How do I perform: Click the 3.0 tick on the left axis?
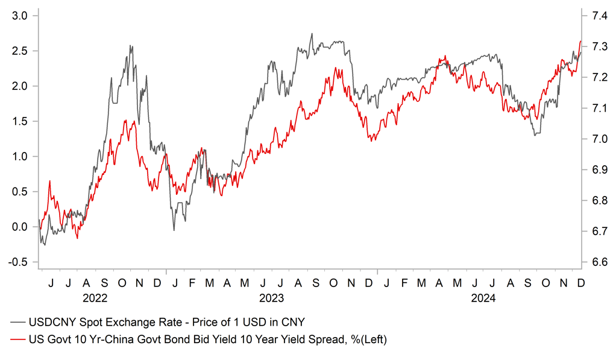20,16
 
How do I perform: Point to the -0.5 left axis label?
19,262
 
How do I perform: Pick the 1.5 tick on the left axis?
20,121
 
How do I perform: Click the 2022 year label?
95,298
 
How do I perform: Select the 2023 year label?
271,298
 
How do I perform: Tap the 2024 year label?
483,298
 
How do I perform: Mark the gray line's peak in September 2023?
312,34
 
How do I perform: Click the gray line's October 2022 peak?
131,46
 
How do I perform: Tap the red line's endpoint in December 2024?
580,41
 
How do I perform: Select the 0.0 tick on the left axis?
20,227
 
